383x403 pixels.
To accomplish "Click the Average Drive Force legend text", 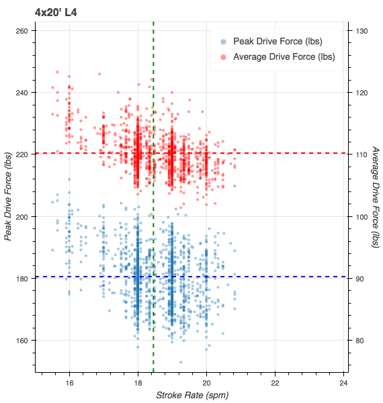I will [x=284, y=56].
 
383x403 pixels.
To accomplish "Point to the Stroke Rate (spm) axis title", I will [x=193, y=394].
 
